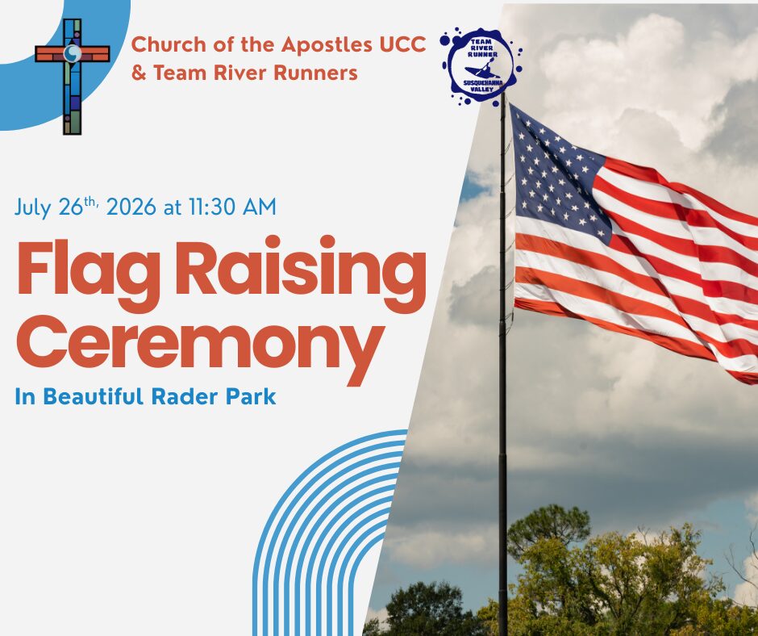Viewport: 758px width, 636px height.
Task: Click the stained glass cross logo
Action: click(73, 77)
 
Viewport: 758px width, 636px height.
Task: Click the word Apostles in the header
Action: click(327, 44)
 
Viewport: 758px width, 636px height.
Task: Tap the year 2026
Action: click(131, 207)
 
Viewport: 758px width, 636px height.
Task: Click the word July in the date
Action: click(33, 208)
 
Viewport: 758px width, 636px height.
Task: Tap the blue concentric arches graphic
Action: click(330, 533)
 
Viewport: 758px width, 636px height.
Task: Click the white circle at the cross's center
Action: click(73, 53)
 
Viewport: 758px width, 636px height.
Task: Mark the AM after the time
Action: click(259, 207)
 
